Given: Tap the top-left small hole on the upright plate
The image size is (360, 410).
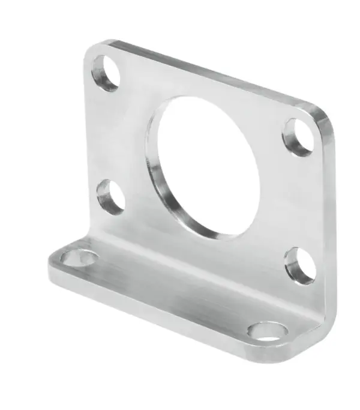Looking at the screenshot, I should point(106,73).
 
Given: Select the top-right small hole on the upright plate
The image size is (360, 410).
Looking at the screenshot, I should point(298,137).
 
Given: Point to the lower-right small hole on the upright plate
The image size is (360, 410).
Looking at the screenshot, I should point(300,265).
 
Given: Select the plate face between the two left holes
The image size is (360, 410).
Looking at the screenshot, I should point(108,135).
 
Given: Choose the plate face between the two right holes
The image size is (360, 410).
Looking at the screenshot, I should point(300,201).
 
